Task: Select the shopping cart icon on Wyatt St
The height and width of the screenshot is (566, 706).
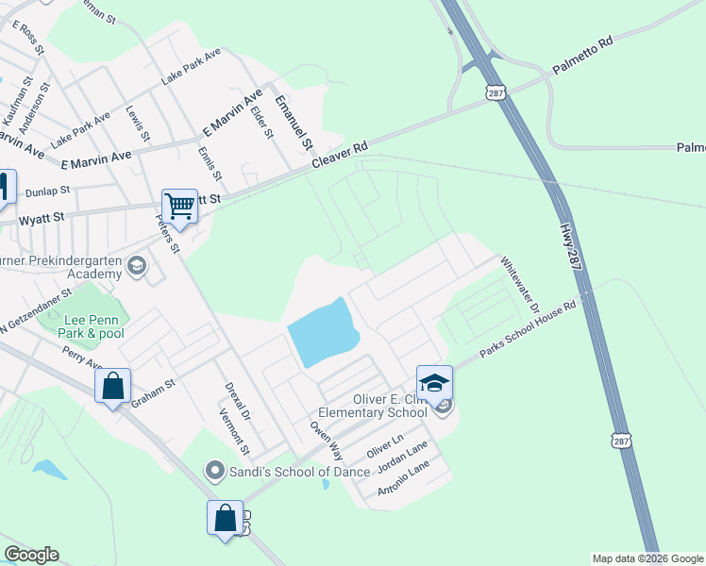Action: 178,206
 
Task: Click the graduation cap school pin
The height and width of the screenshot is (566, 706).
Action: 434,383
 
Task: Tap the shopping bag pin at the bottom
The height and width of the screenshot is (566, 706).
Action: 226,518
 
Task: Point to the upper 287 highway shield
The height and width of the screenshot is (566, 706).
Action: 496,92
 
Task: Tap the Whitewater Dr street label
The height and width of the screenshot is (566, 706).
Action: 519,286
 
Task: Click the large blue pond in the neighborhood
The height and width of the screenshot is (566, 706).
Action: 323,334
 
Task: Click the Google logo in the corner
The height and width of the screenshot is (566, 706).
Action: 31,555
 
